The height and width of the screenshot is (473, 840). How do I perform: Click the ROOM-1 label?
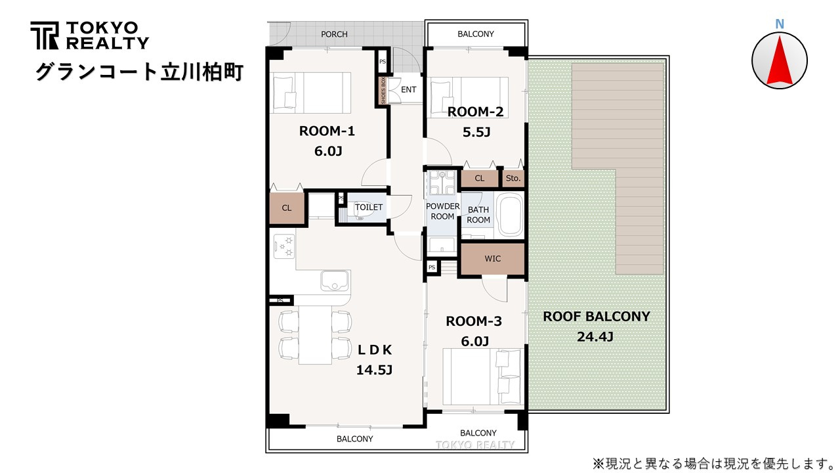click(x=327, y=131)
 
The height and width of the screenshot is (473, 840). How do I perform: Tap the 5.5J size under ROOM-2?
click(x=476, y=132)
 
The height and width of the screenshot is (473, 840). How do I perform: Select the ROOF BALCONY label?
click(x=597, y=317)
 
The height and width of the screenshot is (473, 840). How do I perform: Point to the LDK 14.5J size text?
click(x=374, y=370)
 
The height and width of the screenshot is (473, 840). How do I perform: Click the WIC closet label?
click(x=492, y=259)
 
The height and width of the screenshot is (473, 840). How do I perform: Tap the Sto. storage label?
click(x=513, y=178)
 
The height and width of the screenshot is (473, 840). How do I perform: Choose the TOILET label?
click(x=369, y=207)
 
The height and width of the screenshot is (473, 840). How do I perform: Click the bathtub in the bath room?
click(x=510, y=215)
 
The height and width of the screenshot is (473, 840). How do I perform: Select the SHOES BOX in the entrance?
click(x=383, y=91)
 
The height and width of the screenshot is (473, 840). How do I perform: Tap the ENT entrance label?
click(x=408, y=90)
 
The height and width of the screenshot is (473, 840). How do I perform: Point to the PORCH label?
click(x=334, y=34)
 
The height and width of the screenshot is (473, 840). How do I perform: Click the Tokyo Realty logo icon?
click(x=44, y=35)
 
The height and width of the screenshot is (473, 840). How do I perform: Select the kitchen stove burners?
click(x=284, y=246)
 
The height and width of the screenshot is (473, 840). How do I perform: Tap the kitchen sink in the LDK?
click(x=335, y=281)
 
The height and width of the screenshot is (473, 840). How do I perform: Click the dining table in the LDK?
click(x=315, y=335)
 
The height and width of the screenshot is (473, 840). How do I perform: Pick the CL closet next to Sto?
click(x=479, y=178)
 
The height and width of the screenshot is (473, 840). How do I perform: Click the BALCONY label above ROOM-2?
click(x=476, y=34)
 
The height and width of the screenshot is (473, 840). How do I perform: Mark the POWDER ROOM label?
click(x=442, y=212)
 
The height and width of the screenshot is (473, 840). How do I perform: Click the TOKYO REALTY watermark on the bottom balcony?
click(x=474, y=445)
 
